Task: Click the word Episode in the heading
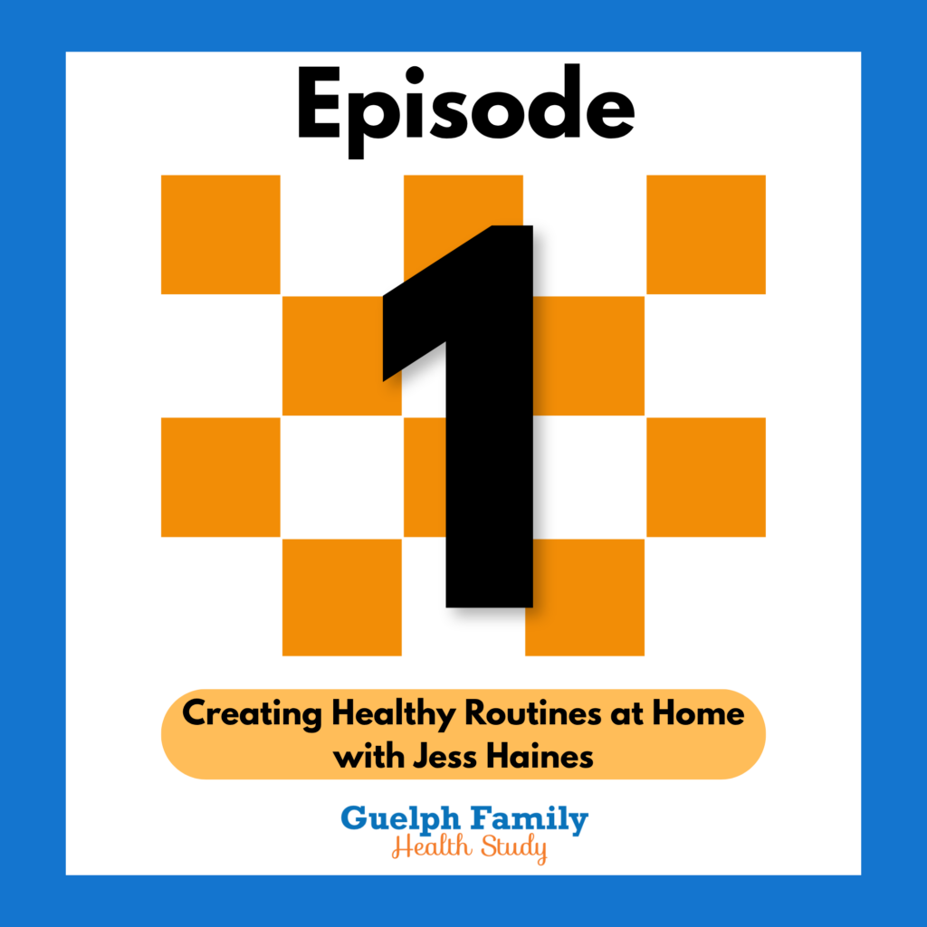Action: point(466,110)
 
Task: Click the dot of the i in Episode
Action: point(415,75)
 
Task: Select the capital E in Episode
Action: point(320,102)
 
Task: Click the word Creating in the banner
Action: point(253,714)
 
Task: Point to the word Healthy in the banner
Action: point(393,713)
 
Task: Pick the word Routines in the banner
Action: point(533,712)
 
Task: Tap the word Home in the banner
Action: point(698,712)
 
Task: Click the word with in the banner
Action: point(368,756)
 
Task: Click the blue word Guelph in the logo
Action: point(400,819)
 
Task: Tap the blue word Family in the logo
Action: point(529,819)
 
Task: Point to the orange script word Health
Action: point(432,846)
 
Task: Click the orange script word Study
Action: point(514,848)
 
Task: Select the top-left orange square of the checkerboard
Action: point(221,234)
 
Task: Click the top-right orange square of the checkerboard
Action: point(706,234)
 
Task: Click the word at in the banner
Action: point(626,714)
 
